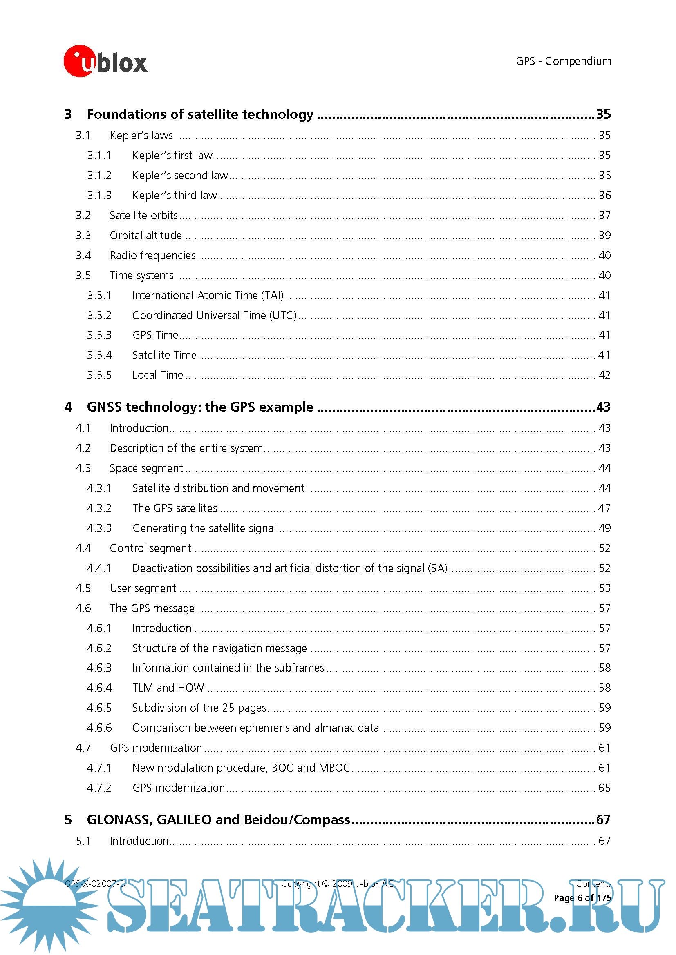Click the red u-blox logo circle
point(78,61)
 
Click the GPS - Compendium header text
point(563,61)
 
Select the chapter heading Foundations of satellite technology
point(200,114)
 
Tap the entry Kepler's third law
point(175,196)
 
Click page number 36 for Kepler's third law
point(604,196)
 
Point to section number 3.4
point(83,255)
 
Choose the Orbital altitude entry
point(145,236)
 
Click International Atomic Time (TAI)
point(208,295)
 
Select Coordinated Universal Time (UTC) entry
point(215,315)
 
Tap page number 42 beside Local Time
point(604,375)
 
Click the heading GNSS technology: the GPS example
point(200,407)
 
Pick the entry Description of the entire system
point(186,448)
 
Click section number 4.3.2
point(99,508)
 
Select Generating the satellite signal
point(204,528)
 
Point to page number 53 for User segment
point(604,588)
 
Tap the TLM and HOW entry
point(168,688)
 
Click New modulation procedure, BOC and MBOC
point(241,768)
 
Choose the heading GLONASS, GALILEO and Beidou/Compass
point(218,819)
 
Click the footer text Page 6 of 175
point(582,898)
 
